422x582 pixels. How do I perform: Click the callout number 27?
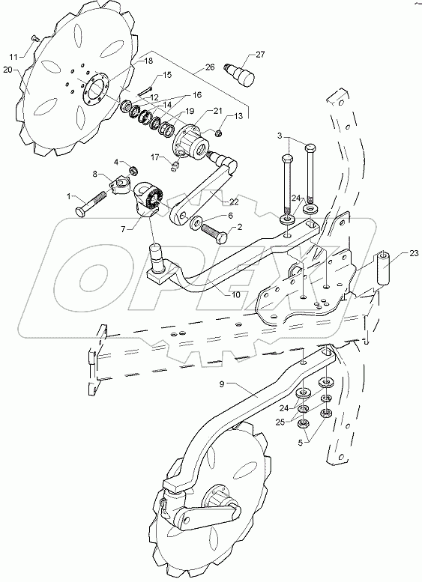coord(259,55)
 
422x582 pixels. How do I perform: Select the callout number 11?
coord(12,56)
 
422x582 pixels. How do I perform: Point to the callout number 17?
coord(155,157)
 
